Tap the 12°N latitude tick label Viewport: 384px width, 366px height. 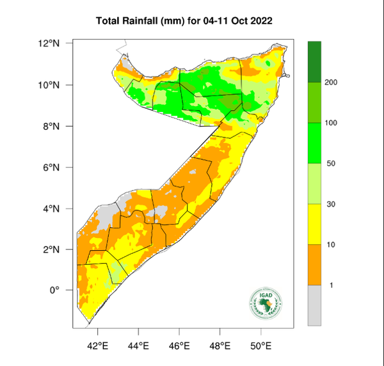tap(50, 44)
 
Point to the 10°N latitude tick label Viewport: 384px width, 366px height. tap(50, 85)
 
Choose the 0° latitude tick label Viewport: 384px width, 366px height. tap(55, 290)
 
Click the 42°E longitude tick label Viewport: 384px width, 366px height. tap(97, 346)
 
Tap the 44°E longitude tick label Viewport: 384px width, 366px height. tap(138, 346)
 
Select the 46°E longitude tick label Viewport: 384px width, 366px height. tap(179, 346)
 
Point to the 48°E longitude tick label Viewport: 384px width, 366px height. tap(220, 346)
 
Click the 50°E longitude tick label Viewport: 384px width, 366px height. tap(261, 346)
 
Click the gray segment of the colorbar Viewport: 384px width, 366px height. tap(314, 305)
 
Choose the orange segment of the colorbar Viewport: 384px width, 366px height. tap(314, 265)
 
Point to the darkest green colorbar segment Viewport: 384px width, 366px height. tap(314, 61)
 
